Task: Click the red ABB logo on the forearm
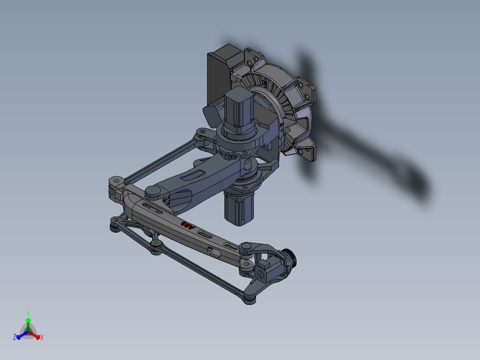point(188,225)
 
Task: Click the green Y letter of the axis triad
point(28,313)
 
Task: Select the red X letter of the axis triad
point(42,338)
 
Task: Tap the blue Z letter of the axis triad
point(15,338)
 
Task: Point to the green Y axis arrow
point(28,323)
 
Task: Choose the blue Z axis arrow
point(20,335)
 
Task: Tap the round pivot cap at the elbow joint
point(153,191)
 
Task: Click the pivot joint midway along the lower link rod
point(156,246)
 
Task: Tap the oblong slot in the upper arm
point(195,175)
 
